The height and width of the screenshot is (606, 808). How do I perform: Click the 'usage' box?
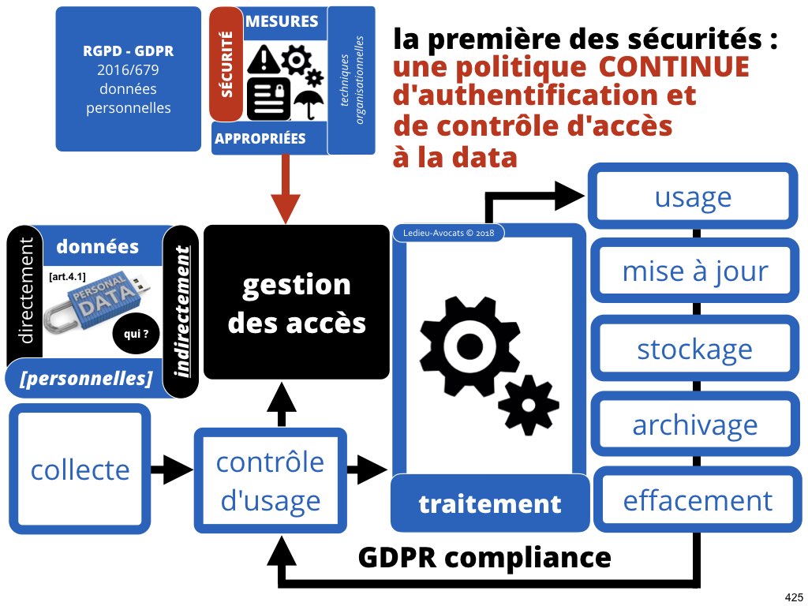[x=693, y=196]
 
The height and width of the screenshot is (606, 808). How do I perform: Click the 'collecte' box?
[x=80, y=469]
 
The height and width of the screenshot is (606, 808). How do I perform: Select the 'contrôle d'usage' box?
[x=271, y=481]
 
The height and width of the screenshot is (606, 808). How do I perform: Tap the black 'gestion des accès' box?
[x=297, y=303]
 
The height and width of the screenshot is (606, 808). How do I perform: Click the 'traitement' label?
[x=490, y=503]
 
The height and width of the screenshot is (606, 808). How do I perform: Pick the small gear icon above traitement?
[x=528, y=405]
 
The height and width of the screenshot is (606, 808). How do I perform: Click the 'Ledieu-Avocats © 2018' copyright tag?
[x=447, y=233]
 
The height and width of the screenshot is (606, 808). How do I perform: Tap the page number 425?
[x=793, y=596]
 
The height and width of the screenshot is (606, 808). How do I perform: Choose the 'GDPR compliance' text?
[x=484, y=557]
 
